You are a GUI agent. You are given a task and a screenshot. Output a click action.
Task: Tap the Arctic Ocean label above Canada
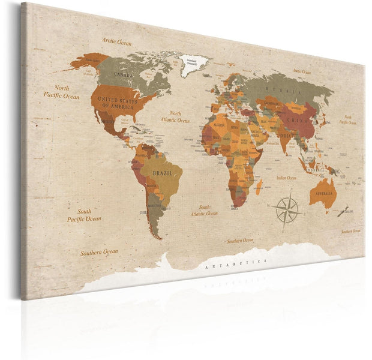tap(116, 42)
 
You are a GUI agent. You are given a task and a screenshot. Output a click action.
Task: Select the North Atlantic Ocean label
tap(175, 116)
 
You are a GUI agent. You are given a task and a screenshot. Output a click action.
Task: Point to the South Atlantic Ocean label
tap(204, 210)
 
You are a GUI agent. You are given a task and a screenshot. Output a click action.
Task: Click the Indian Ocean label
tap(286, 178)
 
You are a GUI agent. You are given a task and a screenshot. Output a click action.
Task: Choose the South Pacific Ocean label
tap(84, 215)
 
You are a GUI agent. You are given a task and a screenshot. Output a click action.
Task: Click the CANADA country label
tap(123, 75)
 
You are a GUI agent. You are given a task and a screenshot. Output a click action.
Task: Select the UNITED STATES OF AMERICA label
tap(118, 101)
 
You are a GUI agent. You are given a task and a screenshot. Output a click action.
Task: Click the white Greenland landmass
tap(194, 62)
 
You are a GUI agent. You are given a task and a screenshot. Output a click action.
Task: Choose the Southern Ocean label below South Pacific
tap(100, 252)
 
